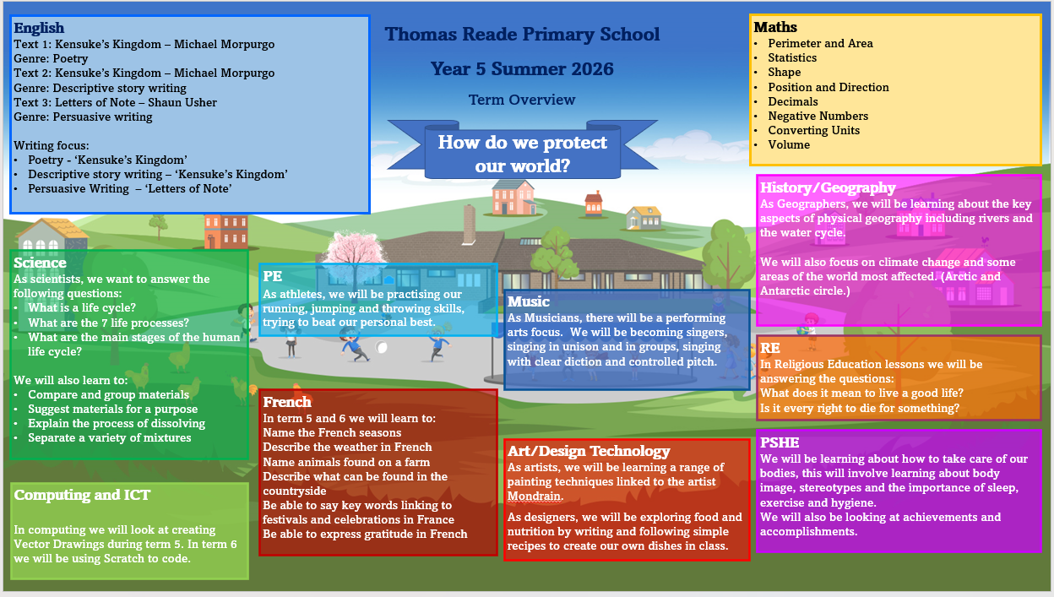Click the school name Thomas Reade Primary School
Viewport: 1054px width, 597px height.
click(x=522, y=35)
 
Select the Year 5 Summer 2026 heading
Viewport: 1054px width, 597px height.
click(x=522, y=68)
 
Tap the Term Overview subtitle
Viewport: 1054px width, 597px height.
click(x=522, y=100)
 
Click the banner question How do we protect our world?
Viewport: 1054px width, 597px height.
click(x=522, y=153)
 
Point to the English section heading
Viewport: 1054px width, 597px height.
click(x=39, y=29)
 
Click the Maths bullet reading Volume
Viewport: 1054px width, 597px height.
click(x=789, y=144)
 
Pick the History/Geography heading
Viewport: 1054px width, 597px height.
click(x=827, y=187)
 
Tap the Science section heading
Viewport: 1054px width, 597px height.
click(x=40, y=263)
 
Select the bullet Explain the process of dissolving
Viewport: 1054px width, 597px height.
click(x=117, y=423)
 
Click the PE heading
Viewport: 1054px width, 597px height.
click(x=272, y=275)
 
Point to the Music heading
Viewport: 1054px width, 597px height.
click(x=529, y=301)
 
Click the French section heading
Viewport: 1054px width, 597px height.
click(x=287, y=402)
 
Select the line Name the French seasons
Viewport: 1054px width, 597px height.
click(x=332, y=432)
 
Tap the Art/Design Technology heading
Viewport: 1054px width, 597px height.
click(x=589, y=451)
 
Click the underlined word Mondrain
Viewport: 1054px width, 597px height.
click(x=535, y=496)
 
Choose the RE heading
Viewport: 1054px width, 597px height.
click(x=769, y=348)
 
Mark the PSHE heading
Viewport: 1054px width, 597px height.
click(x=779, y=442)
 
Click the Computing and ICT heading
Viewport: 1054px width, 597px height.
click(x=82, y=495)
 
